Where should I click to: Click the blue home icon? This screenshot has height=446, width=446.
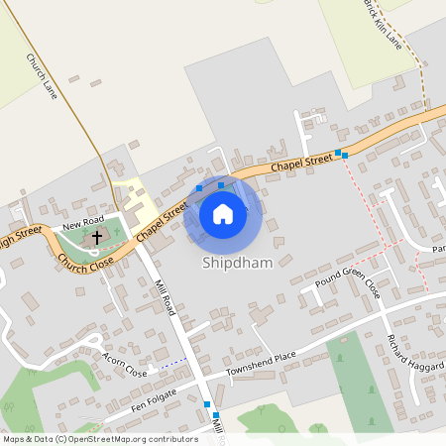pos(223,213)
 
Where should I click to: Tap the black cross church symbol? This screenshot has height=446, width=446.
pos(97,237)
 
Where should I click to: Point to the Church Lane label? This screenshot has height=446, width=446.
pos(43,77)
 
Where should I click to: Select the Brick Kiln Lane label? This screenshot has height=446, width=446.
pos(382,25)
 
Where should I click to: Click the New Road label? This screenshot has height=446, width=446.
pos(83,219)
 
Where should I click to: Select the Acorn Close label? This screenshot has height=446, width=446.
pos(123,367)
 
